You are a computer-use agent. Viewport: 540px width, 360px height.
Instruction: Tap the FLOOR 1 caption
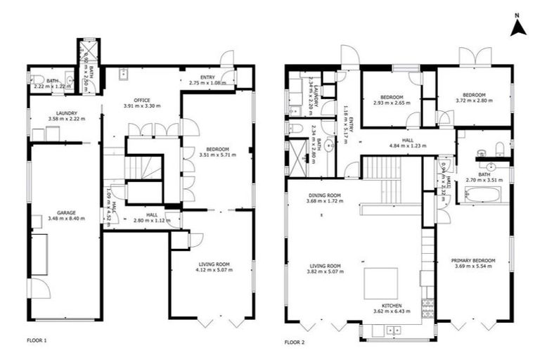(37, 341)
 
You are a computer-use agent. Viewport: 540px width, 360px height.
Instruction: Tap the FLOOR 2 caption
(295, 342)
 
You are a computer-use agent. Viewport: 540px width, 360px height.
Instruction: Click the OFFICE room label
(142, 100)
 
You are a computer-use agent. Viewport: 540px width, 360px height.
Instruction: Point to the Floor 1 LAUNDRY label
(63, 113)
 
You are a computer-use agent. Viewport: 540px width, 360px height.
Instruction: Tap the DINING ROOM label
(324, 195)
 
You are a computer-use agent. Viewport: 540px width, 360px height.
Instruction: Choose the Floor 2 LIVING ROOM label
(323, 266)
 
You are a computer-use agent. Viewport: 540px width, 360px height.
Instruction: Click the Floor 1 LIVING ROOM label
(212, 264)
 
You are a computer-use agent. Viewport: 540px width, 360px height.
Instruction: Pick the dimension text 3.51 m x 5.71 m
(217, 155)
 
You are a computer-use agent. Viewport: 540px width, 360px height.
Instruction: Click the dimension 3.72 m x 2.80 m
(474, 101)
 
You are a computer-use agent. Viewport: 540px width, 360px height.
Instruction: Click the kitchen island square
(380, 283)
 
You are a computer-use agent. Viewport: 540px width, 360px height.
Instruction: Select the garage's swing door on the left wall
(39, 288)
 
